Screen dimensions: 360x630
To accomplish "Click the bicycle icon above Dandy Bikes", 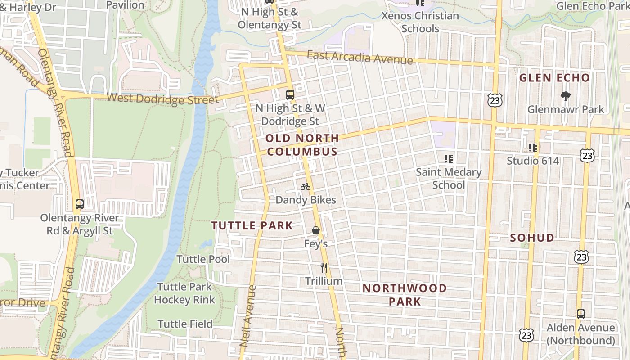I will (x=306, y=187).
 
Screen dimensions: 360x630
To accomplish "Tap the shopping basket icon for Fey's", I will (x=316, y=230).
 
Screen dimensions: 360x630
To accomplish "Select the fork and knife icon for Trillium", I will (x=324, y=268).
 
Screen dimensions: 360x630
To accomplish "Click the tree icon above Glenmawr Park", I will (x=565, y=96).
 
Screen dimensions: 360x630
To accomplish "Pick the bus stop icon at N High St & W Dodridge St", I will (x=290, y=95).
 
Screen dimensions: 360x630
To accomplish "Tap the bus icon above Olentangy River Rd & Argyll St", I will (x=80, y=204).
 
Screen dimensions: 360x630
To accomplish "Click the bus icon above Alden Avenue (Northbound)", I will (x=581, y=314).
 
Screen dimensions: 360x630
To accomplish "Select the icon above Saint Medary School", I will (x=448, y=158).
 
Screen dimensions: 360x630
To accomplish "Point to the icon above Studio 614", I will (x=533, y=147).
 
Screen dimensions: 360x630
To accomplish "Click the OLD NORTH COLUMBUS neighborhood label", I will (x=302, y=145).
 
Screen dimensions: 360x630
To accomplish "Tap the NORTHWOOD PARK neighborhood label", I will (x=405, y=295).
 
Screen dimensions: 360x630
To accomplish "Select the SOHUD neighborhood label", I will (x=532, y=238).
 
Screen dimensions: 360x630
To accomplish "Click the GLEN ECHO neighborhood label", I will (x=554, y=78).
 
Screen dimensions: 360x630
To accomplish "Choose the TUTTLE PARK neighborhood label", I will (x=252, y=226).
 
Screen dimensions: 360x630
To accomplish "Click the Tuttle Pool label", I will (x=203, y=259).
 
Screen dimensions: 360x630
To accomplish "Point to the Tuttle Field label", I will (x=185, y=324).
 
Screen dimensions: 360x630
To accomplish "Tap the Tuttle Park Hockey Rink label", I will (x=184, y=293).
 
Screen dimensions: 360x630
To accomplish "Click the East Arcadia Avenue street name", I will (x=360, y=58).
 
